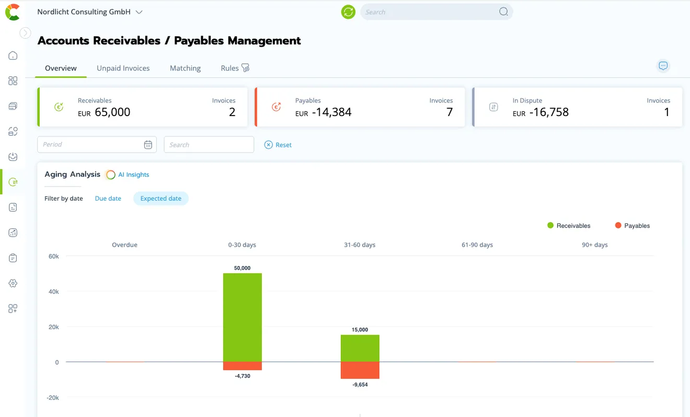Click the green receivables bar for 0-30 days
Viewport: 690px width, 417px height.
(x=243, y=317)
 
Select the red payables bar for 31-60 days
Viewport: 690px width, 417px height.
(x=360, y=370)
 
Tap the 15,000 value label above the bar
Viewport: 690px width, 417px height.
(x=360, y=330)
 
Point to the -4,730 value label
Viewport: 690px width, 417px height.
(x=243, y=376)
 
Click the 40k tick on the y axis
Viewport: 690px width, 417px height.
(x=54, y=292)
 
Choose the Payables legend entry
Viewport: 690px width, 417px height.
(x=632, y=225)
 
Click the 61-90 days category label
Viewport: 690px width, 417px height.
(x=477, y=245)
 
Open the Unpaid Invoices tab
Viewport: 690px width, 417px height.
(x=123, y=68)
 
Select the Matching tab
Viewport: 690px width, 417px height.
(x=185, y=68)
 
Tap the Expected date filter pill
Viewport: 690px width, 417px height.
(x=161, y=199)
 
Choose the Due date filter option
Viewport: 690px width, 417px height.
(x=108, y=199)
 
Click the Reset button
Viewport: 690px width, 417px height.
(x=278, y=145)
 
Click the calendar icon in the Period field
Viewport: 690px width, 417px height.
(x=148, y=145)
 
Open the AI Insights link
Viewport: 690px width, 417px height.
(x=133, y=175)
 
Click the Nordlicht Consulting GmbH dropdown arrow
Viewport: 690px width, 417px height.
(x=139, y=12)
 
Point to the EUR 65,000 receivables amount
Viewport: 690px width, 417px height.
(x=104, y=112)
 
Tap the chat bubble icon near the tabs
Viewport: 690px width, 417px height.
(x=663, y=66)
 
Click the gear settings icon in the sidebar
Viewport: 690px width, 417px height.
(x=13, y=283)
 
